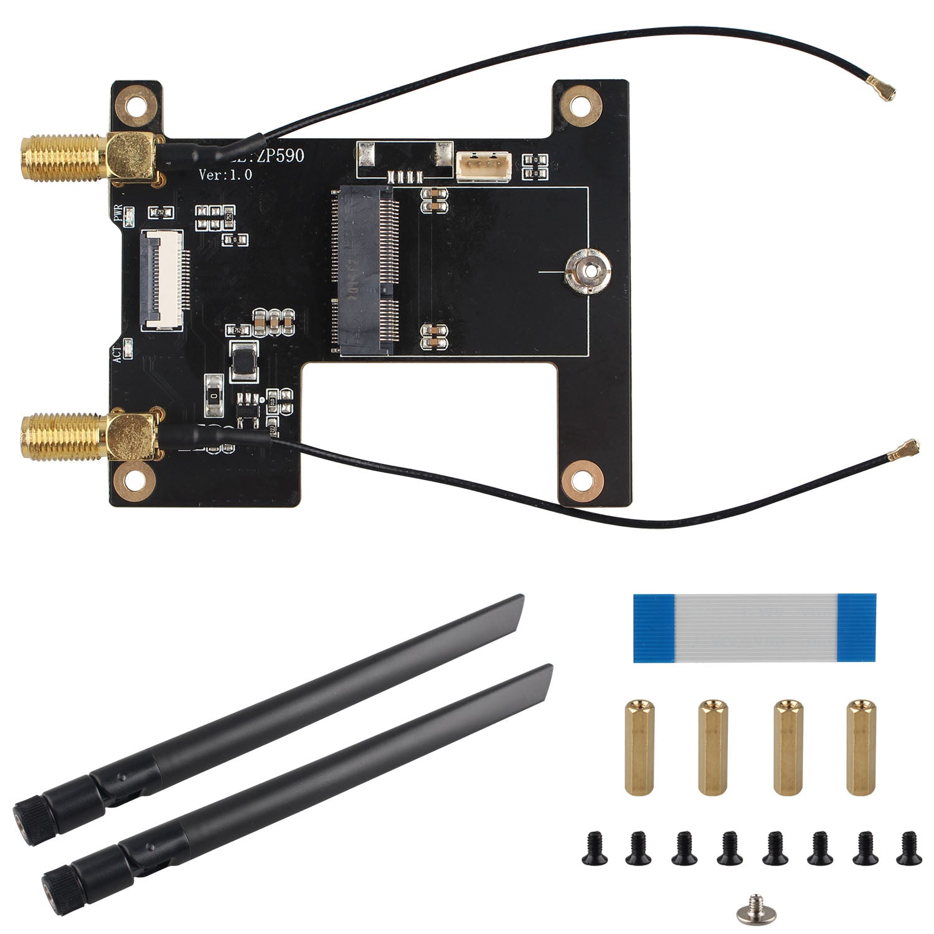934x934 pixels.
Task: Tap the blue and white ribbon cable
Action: (x=755, y=627)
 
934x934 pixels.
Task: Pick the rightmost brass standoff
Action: (x=861, y=747)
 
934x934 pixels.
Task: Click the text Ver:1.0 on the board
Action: (x=225, y=175)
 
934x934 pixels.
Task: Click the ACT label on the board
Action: (x=117, y=354)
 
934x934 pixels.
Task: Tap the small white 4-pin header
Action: (x=483, y=167)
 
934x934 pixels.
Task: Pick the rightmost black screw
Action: (x=907, y=849)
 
